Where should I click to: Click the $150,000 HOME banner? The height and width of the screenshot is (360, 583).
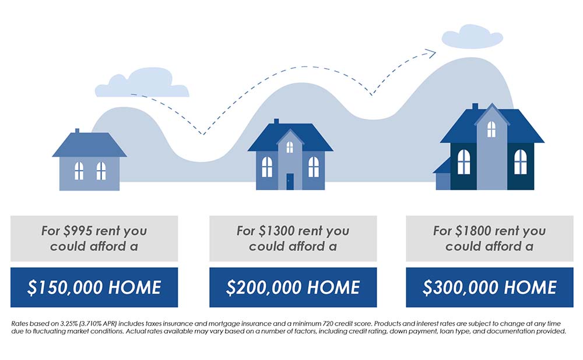click(x=94, y=287)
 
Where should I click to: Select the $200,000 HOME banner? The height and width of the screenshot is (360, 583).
click(x=293, y=287)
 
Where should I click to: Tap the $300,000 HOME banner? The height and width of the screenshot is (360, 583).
click(x=490, y=287)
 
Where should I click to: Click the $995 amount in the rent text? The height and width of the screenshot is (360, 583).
click(x=78, y=231)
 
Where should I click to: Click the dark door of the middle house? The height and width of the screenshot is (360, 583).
click(x=290, y=181)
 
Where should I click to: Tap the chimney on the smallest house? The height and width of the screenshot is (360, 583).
click(x=78, y=130)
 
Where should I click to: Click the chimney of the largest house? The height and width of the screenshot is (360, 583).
click(x=475, y=106)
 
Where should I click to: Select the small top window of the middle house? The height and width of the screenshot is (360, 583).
click(x=290, y=147)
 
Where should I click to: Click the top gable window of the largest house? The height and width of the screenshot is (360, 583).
click(x=491, y=129)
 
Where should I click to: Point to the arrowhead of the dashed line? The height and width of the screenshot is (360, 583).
click(x=431, y=54)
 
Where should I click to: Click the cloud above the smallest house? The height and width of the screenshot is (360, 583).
click(x=142, y=83)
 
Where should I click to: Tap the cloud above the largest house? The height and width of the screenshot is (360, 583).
click(x=472, y=37)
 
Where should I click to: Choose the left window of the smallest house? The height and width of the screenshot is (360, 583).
click(x=79, y=171)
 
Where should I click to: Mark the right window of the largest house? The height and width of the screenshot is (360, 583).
click(x=520, y=161)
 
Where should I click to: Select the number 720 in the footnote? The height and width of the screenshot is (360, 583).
click(x=328, y=323)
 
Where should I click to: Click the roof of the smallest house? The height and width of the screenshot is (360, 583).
click(x=89, y=145)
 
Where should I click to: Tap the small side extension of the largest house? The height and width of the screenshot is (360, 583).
click(x=442, y=175)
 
